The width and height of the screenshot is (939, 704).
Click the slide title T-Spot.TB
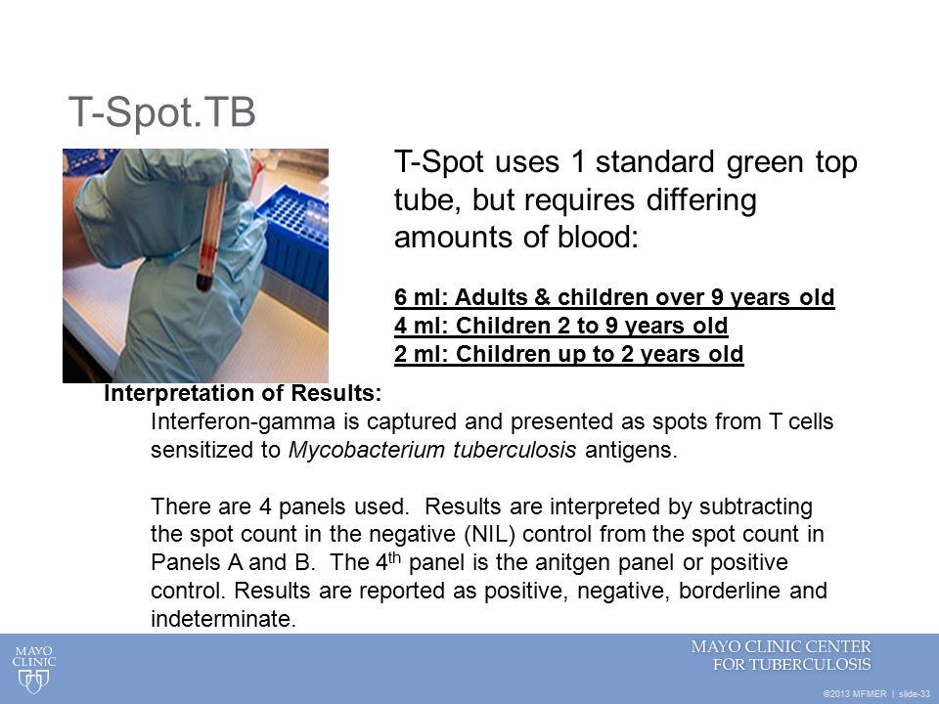162,112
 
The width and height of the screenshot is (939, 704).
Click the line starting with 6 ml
614,297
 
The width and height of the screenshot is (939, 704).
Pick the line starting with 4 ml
561,326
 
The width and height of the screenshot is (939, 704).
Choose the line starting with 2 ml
569,354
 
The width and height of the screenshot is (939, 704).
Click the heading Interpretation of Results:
243,393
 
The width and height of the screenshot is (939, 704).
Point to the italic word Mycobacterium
367,450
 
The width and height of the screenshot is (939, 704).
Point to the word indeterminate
223,618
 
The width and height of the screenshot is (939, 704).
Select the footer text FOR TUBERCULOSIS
791,665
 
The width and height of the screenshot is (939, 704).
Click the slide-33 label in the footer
915,694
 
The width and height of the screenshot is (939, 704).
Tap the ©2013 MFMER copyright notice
855,694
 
